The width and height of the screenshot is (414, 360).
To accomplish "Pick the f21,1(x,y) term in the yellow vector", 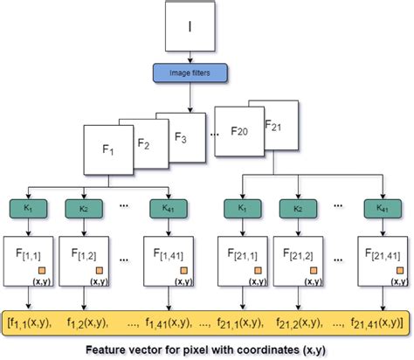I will pos(244,322).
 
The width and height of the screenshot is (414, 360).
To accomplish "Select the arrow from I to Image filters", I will pos(191,58).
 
